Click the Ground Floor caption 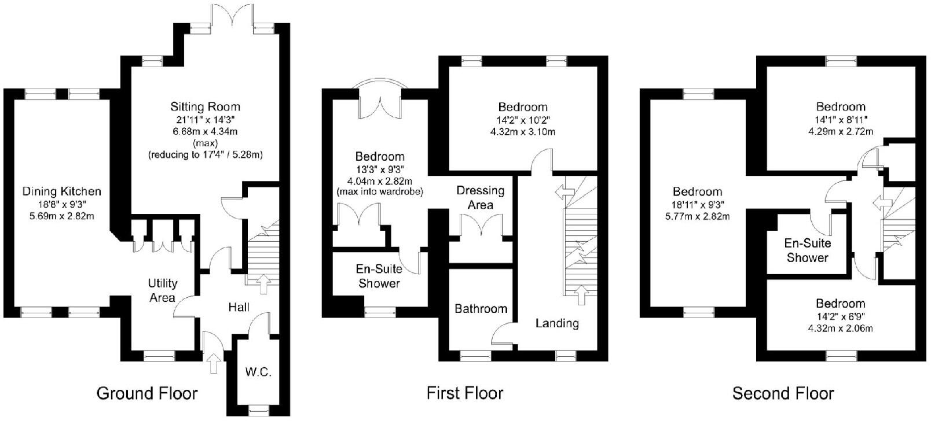(x=146, y=394)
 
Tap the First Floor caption (x=464, y=394)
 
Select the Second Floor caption (x=783, y=394)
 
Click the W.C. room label (x=258, y=372)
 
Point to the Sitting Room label (x=205, y=106)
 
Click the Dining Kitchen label (x=61, y=191)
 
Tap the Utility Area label (x=162, y=290)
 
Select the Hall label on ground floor (x=239, y=307)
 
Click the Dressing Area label (x=480, y=197)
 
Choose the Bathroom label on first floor (x=481, y=309)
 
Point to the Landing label (x=556, y=323)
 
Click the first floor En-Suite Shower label (x=379, y=276)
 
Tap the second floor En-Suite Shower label (x=807, y=250)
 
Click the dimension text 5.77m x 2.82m (x=697, y=217)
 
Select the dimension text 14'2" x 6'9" (x=841, y=316)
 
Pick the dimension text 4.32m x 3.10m (x=523, y=132)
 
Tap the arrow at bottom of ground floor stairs (x=264, y=283)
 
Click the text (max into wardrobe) (x=379, y=191)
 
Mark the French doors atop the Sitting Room (x=232, y=14)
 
